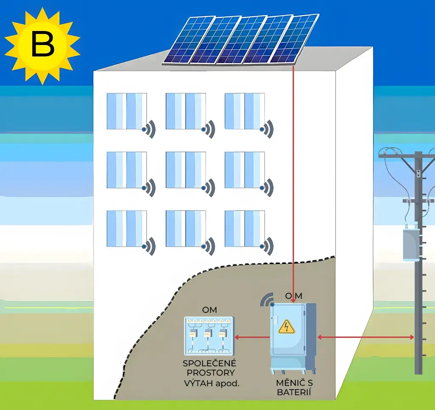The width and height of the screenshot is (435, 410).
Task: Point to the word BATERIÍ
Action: pos(294,392)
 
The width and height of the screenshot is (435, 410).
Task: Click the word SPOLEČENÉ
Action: pos(209,364)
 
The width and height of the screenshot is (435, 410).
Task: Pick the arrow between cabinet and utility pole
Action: pos(366,337)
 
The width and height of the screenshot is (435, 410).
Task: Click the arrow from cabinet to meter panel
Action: pos(253,337)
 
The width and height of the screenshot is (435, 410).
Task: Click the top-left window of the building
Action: pos(127,111)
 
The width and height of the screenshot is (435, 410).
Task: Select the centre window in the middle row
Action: pos(186,170)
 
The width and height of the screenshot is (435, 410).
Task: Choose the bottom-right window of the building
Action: pos(245,228)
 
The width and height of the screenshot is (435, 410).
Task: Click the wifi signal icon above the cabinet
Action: pos(266,299)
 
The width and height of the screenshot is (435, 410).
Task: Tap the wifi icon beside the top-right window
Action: pos(268,128)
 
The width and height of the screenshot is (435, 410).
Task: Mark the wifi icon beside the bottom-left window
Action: pos(150,246)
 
